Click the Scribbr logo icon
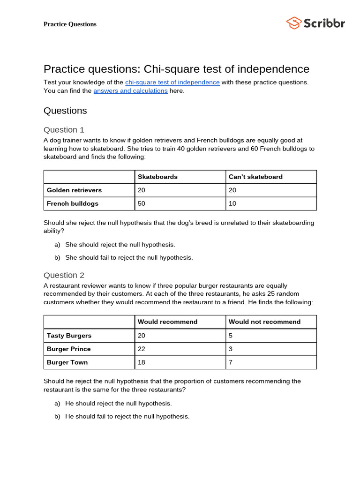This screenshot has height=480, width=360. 293,23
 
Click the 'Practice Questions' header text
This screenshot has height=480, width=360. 70,24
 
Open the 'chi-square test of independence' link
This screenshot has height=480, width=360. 172,82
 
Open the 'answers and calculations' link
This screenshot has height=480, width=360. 130,91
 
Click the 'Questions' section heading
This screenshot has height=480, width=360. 65,111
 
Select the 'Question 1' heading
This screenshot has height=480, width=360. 64,130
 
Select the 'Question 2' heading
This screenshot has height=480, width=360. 64,275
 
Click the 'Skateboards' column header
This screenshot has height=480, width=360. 157,177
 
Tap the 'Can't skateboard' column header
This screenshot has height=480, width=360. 255,177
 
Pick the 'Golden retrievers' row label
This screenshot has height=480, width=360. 74,190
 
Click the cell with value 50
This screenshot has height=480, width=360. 142,204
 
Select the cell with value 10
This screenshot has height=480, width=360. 232,204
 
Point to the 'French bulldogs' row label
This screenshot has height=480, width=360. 73,204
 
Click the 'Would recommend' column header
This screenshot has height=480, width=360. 167,322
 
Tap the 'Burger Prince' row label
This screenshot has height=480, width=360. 69,349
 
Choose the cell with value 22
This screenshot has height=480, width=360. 142,349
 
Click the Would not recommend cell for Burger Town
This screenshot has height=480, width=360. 231,363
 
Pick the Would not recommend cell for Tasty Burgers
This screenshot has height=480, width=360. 231,336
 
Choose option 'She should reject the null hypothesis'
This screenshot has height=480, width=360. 120,245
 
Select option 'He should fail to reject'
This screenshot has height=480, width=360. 127,416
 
